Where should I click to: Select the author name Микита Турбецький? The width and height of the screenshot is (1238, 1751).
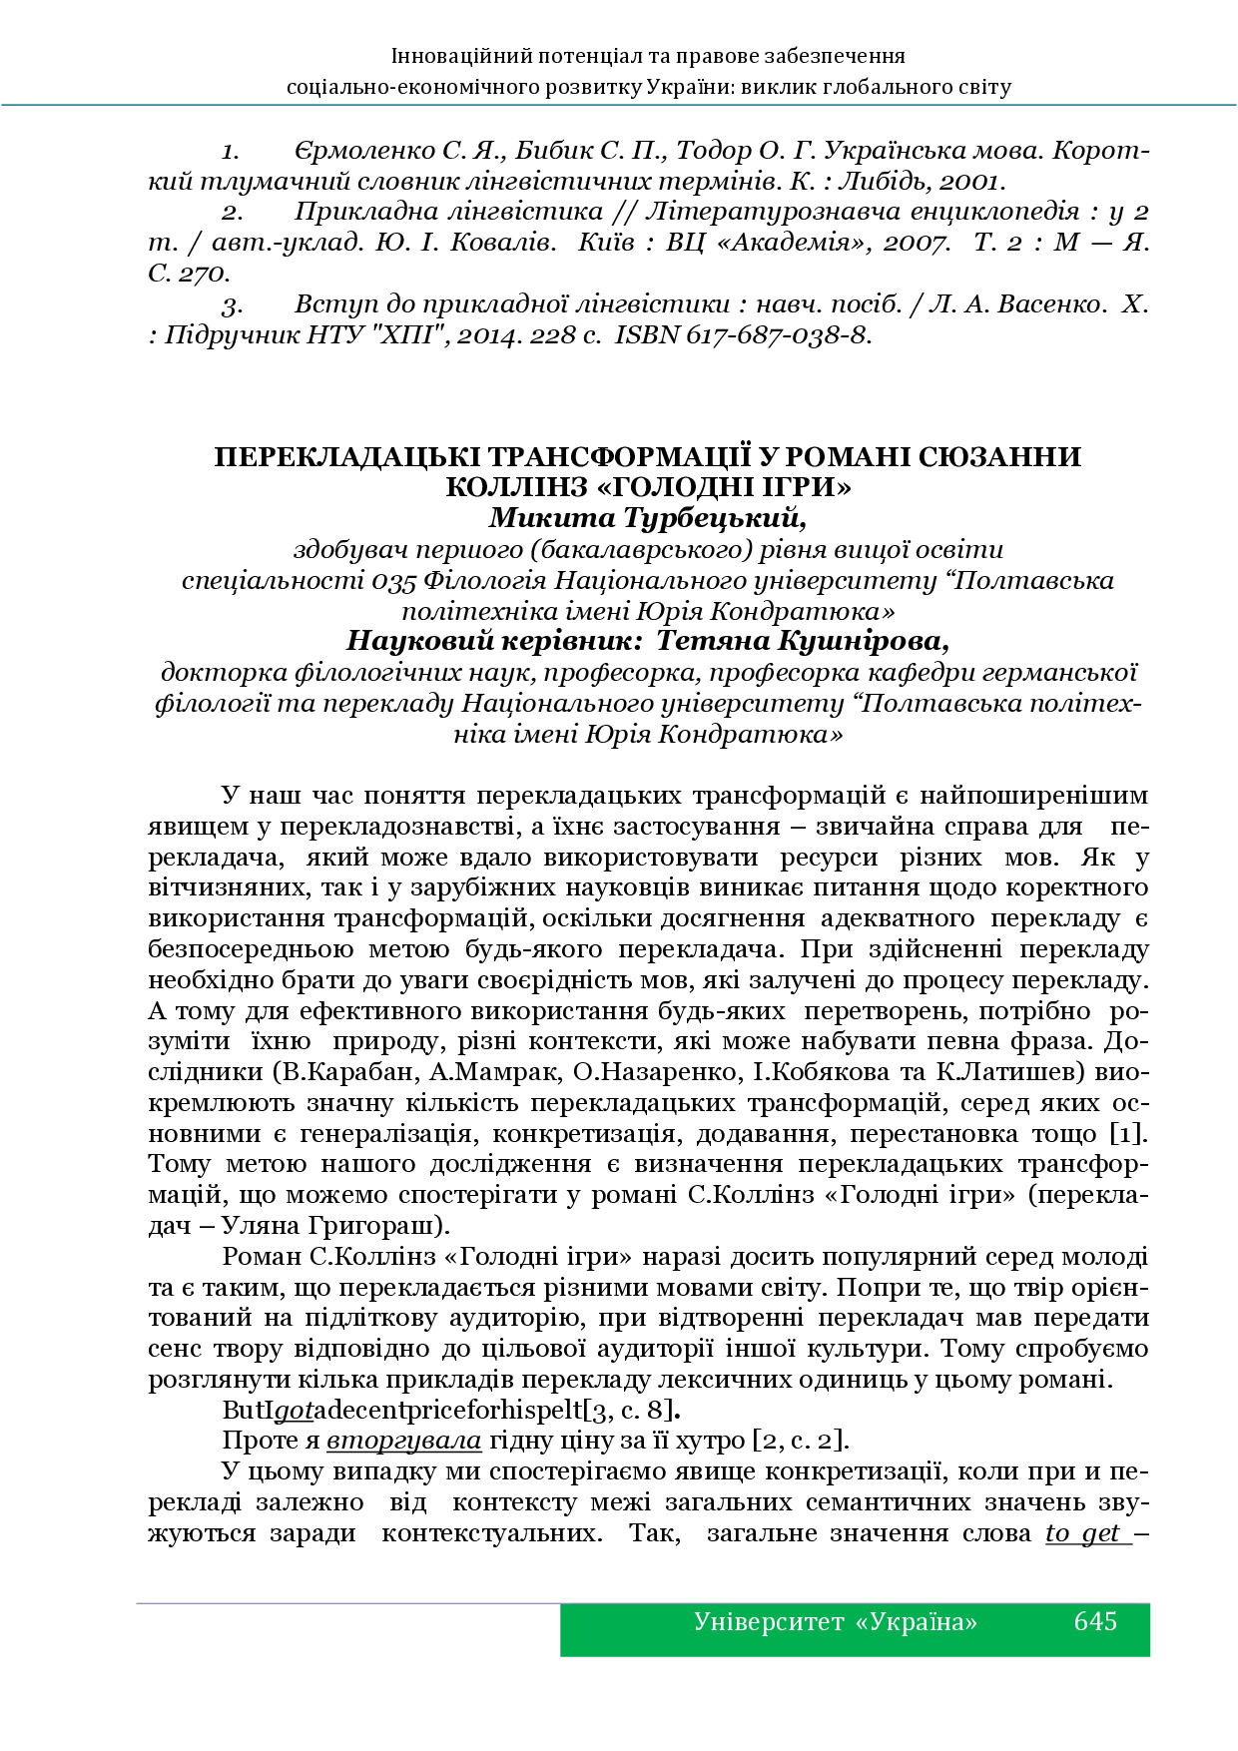pos(647,518)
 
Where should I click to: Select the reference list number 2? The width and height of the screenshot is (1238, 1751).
pos(232,213)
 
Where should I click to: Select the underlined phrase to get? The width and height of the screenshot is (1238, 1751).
pos(1082,1533)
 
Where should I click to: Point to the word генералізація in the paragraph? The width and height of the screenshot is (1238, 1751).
pos(385,1134)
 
